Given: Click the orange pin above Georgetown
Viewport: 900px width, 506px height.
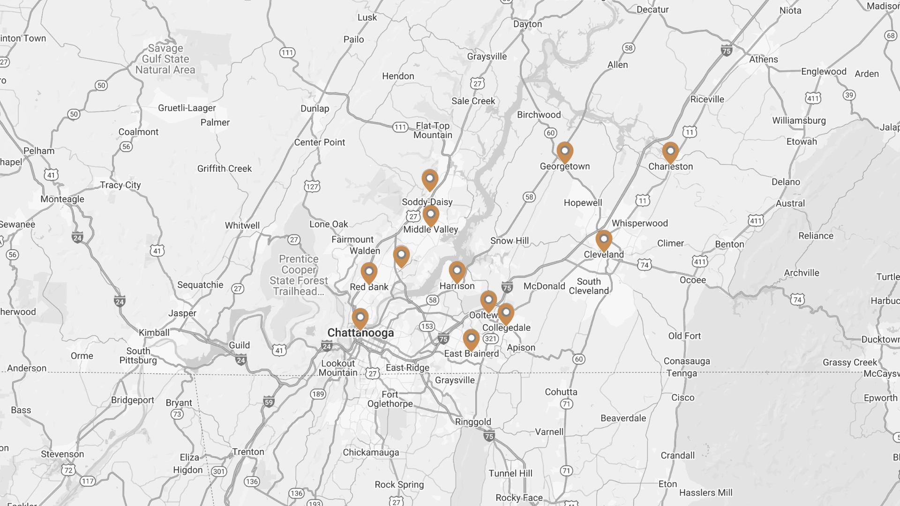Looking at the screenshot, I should pyautogui.click(x=565, y=152).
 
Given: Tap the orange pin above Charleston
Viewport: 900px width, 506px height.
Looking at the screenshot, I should pyautogui.click(x=670, y=152).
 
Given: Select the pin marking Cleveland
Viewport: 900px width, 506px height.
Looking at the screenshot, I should pyautogui.click(x=604, y=240).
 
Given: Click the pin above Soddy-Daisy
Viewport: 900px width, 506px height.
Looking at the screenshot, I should pyautogui.click(x=430, y=179).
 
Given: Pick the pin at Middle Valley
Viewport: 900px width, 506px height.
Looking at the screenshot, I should pyautogui.click(x=431, y=215).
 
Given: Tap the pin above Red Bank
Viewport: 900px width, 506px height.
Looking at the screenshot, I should pyautogui.click(x=369, y=272).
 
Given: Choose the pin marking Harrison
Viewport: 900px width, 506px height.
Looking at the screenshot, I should pyautogui.click(x=457, y=271).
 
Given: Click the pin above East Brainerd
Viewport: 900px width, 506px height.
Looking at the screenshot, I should pyautogui.click(x=471, y=339).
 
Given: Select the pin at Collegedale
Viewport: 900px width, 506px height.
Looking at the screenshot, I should pyautogui.click(x=506, y=313).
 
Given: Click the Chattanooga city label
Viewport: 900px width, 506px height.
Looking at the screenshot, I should pyautogui.click(x=360, y=333).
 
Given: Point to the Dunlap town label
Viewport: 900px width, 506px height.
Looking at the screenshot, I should pyautogui.click(x=315, y=109).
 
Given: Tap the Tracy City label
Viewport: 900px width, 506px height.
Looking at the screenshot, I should pyautogui.click(x=120, y=185).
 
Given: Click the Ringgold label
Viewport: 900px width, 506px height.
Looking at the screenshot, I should pyautogui.click(x=473, y=422).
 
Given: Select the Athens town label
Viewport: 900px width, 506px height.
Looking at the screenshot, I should pyautogui.click(x=763, y=60).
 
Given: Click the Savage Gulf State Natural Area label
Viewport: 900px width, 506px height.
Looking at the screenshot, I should pyautogui.click(x=165, y=59).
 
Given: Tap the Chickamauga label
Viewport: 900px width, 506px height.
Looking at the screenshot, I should pyautogui.click(x=371, y=452).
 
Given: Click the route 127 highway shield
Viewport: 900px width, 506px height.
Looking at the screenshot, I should pyautogui.click(x=312, y=186).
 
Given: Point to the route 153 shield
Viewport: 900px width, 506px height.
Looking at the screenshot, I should pyautogui.click(x=427, y=326).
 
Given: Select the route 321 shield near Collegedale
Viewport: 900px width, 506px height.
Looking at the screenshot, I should pyautogui.click(x=490, y=339).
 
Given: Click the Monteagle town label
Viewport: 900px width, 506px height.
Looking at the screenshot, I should pyautogui.click(x=62, y=199).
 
